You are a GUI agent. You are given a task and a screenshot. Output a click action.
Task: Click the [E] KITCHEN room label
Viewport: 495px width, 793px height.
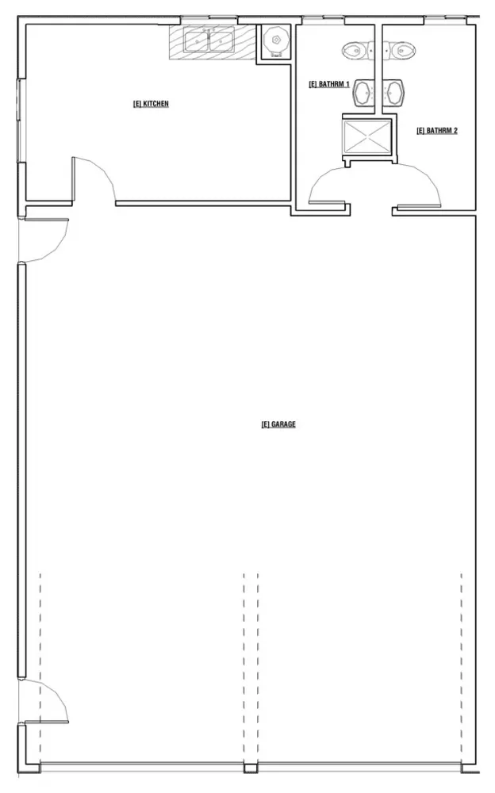151,104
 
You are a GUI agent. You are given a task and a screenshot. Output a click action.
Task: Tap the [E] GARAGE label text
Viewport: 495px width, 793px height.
278,423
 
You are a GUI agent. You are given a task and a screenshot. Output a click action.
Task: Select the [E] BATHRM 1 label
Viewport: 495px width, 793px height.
329,84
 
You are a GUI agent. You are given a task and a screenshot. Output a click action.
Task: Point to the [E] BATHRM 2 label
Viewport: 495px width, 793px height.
437,131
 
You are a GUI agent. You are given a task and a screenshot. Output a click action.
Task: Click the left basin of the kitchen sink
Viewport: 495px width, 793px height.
197,41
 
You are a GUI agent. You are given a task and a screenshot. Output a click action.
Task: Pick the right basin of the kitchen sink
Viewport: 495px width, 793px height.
221,41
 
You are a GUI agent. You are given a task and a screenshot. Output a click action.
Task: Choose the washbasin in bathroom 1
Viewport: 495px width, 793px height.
363,93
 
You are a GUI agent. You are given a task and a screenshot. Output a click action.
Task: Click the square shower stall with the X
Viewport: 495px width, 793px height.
368,136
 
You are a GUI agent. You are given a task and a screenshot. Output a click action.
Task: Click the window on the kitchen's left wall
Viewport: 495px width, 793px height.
21,121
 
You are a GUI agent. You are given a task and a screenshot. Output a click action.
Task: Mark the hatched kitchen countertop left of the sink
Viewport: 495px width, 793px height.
177,42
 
